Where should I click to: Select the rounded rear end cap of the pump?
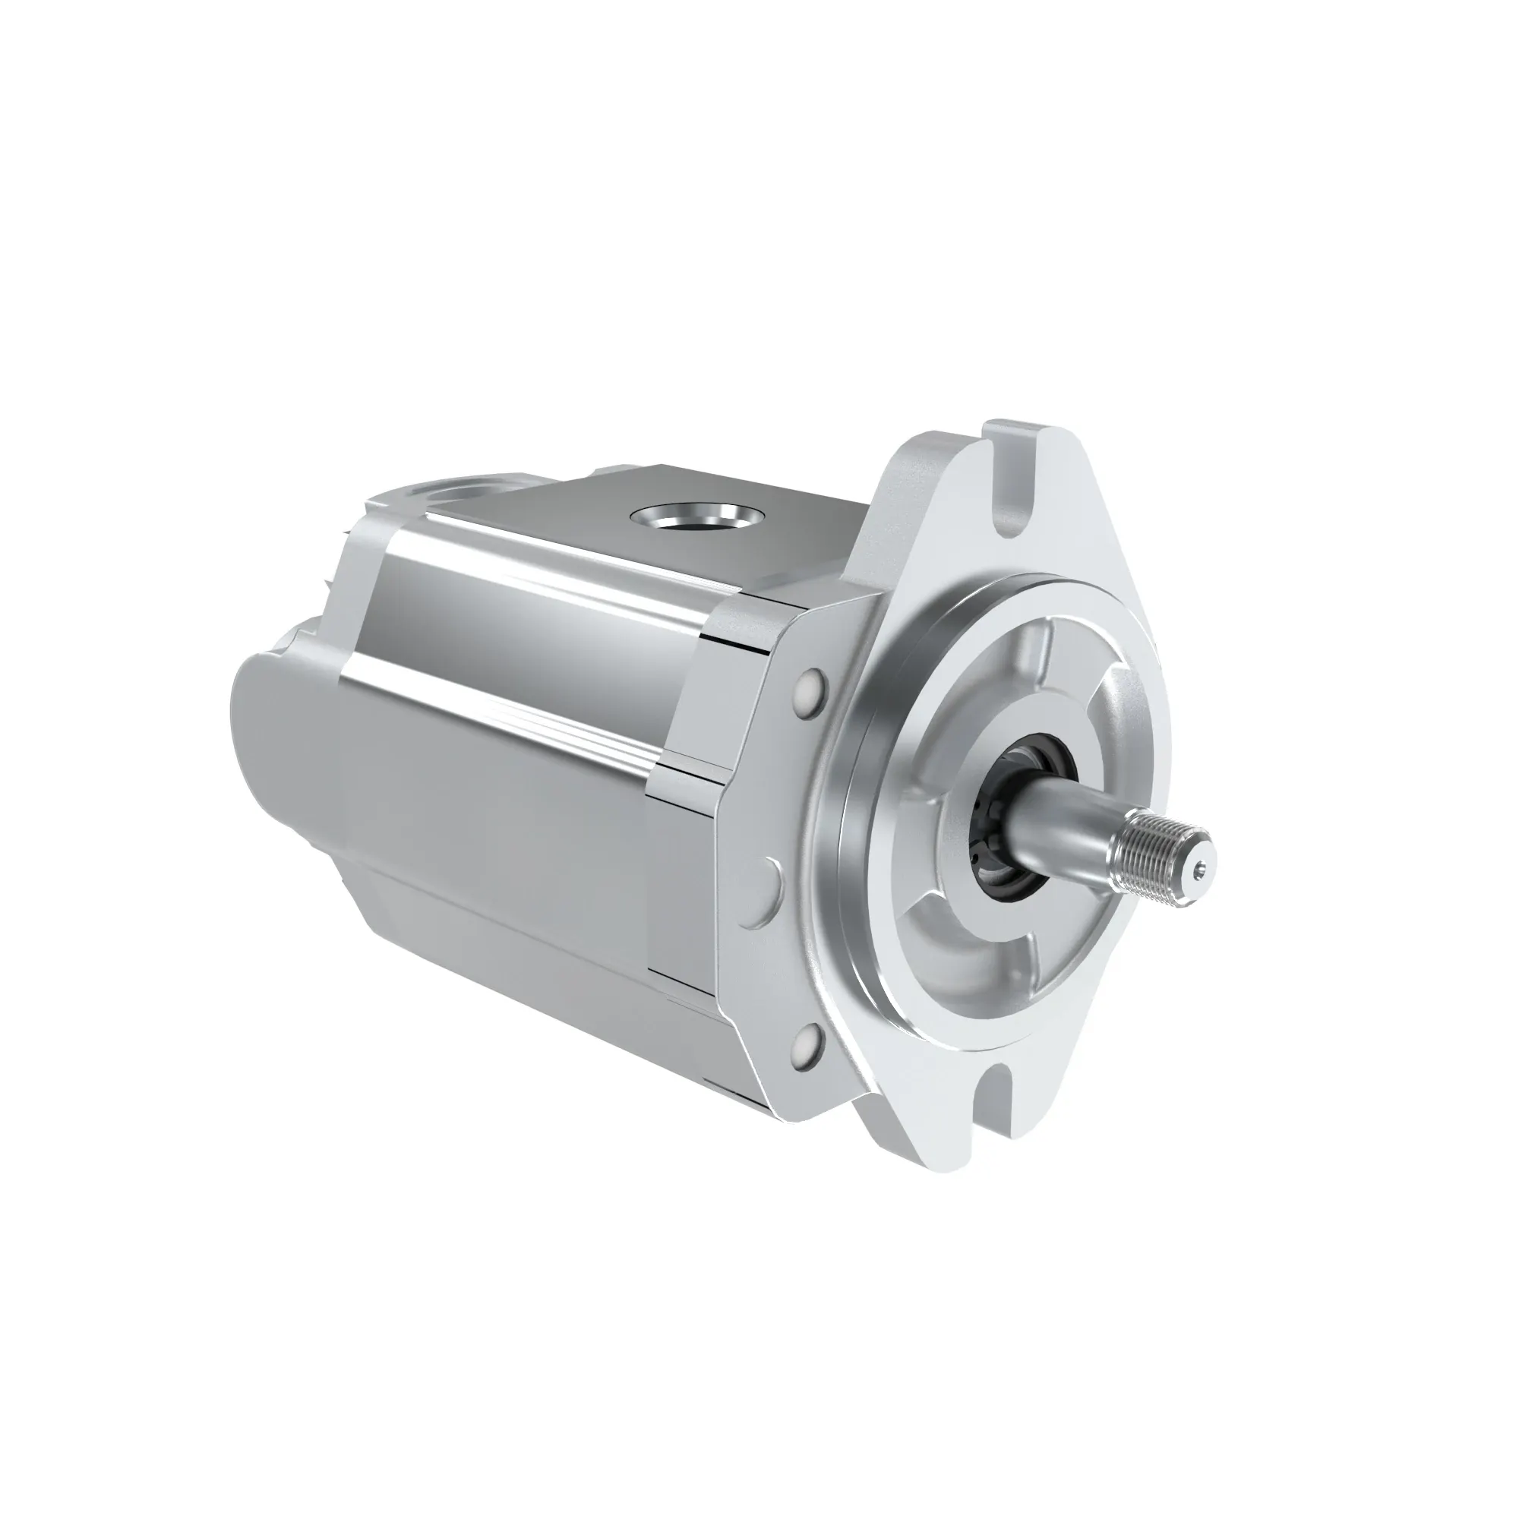tap(267, 731)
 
